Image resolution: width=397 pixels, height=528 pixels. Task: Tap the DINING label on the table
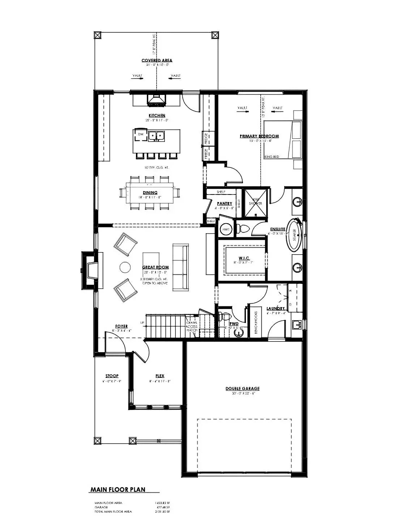pos(150,193)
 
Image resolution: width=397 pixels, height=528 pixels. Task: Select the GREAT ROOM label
pos(156,267)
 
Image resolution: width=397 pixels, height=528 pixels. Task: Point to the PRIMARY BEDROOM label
pos(259,136)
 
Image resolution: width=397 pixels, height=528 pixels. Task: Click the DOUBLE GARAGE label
pos(243,389)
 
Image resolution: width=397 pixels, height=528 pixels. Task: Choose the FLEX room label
pos(159,376)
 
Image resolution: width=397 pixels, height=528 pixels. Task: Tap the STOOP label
pos(112,376)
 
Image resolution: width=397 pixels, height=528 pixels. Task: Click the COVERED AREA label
pos(157,60)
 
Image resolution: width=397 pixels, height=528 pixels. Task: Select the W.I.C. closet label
pos(243,258)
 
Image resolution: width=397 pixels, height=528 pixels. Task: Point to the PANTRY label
pos(225,204)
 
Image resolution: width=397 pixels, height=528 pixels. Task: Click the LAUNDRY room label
pos(276,309)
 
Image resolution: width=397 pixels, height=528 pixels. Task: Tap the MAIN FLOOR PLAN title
pos(118,490)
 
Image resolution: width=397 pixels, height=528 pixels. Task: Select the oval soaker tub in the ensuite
pos(294,235)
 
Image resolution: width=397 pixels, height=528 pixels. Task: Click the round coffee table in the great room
pos(125,267)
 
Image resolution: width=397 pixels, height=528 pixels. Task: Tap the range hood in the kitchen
pos(157,100)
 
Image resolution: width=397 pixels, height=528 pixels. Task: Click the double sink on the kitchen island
pos(157,135)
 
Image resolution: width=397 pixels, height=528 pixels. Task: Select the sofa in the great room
pos(180,267)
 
